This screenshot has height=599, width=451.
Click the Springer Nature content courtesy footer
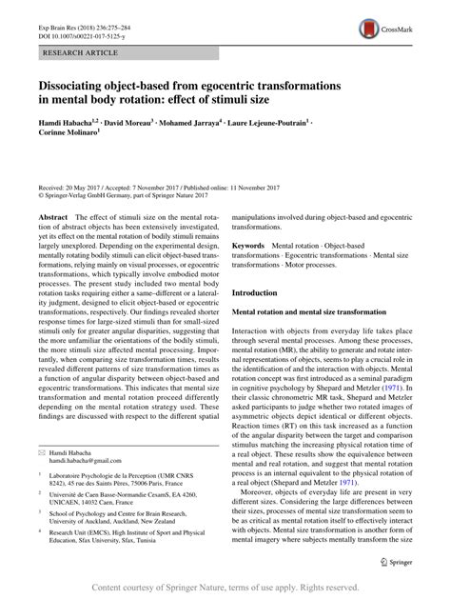pyautogui.click(x=225, y=586)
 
